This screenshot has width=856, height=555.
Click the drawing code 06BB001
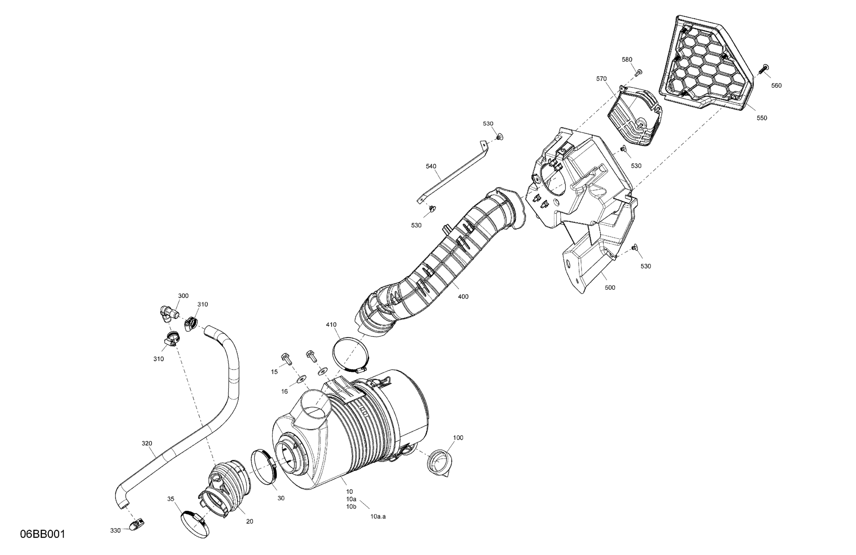[x=43, y=534]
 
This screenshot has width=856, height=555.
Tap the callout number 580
[x=627, y=60]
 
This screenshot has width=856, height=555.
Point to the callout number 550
[x=762, y=118]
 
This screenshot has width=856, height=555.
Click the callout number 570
[x=601, y=79]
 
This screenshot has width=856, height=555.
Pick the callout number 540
[x=431, y=166]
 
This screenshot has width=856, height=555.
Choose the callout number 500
[x=610, y=287]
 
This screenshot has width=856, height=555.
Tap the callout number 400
[x=463, y=297]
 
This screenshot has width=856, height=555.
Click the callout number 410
[x=331, y=325]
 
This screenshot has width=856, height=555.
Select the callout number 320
[x=147, y=443]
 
